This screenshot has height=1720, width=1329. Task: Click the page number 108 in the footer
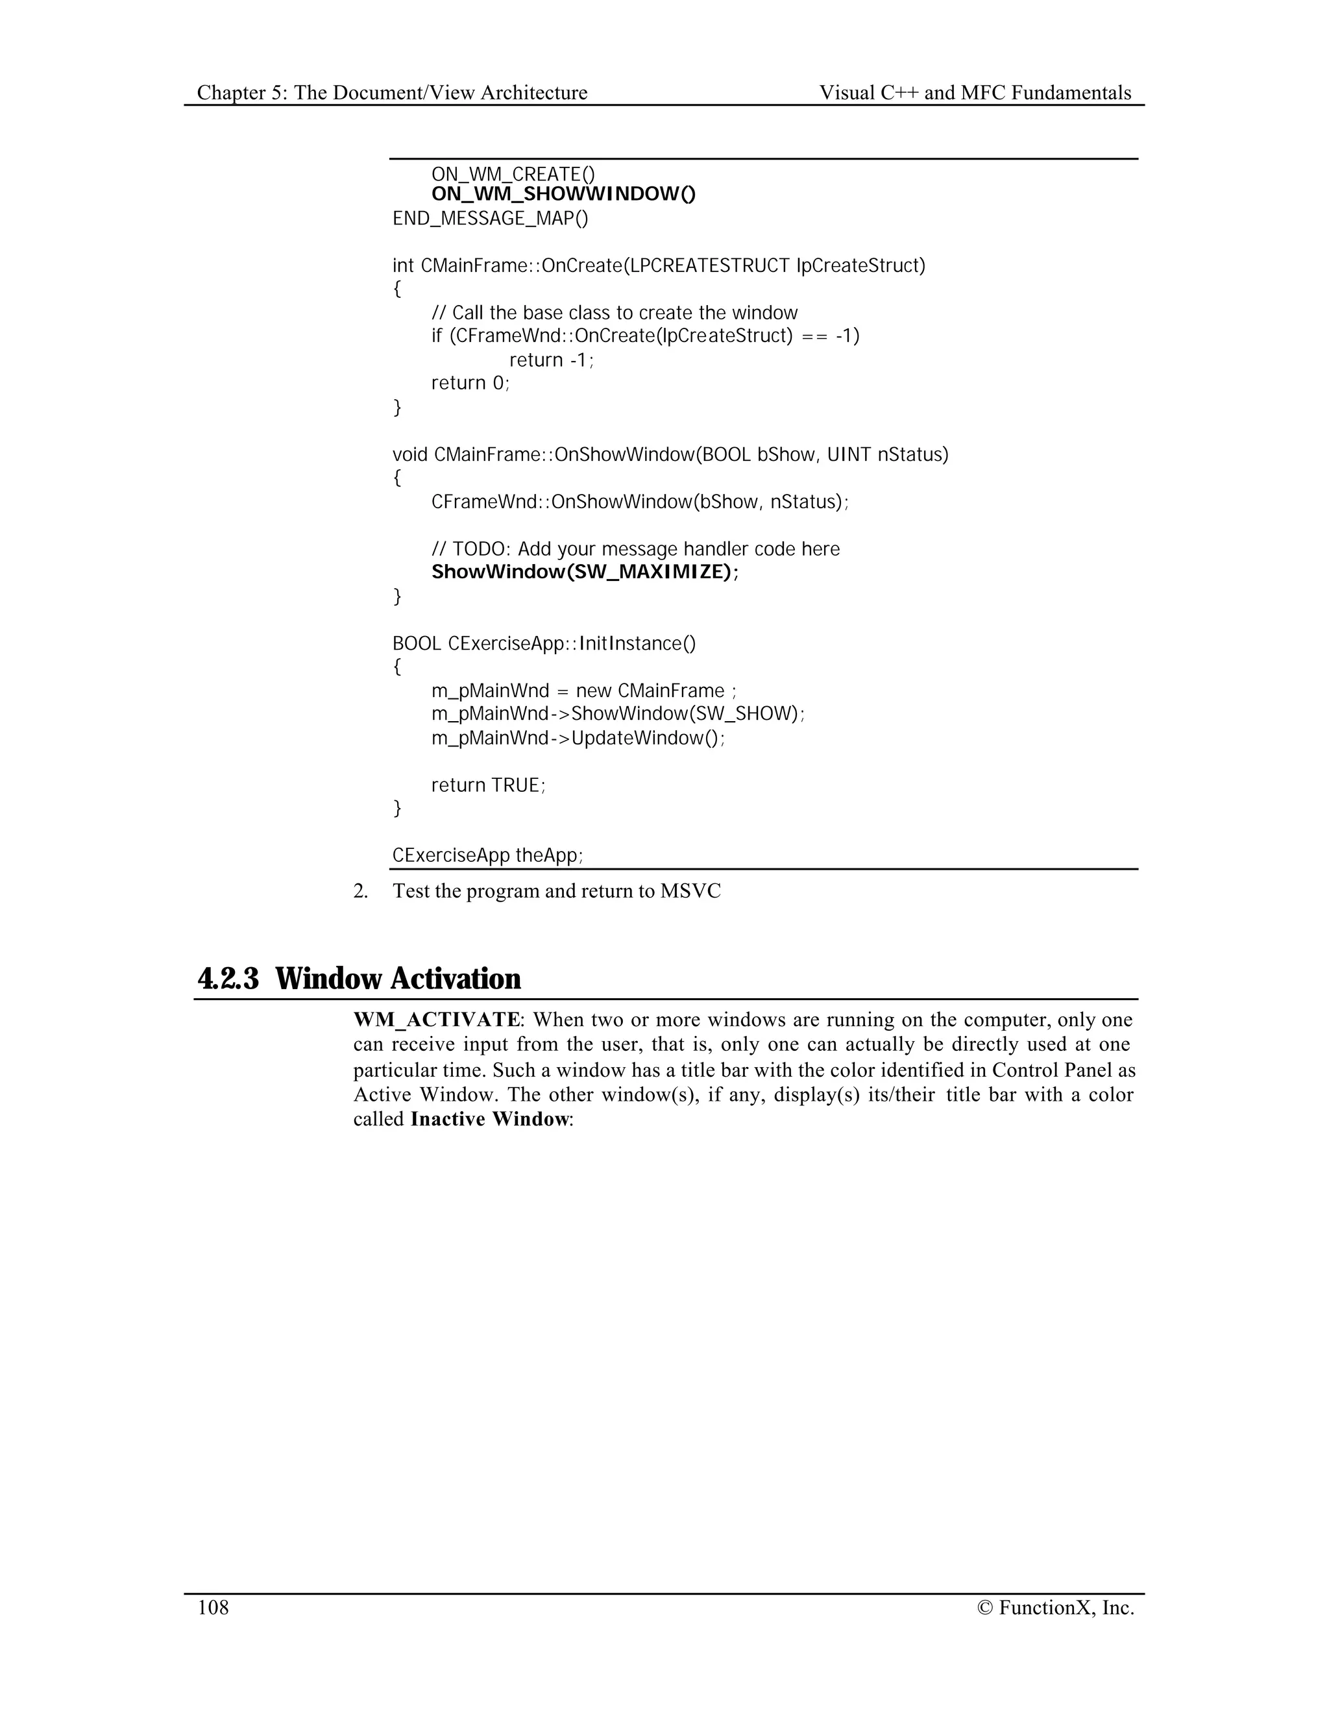pos(213,1607)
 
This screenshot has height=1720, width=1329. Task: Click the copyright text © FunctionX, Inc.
pos(1055,1607)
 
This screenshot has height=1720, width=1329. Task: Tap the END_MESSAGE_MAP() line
pos(490,218)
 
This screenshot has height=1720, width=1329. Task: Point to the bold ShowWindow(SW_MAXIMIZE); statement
pos(585,572)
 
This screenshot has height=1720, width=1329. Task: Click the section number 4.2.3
pos(228,979)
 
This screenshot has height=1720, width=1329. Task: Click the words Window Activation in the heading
pos(398,979)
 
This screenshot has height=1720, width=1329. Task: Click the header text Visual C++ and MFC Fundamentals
pos(975,93)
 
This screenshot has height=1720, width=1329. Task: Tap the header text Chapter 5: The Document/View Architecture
pos(392,93)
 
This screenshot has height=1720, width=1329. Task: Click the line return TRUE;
pos(488,785)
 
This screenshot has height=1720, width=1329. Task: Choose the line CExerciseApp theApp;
pos(487,855)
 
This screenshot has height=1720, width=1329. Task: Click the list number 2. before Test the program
pos(361,892)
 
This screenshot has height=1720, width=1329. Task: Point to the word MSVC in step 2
pos(690,892)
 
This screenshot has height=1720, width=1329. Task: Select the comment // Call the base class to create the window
pos(614,313)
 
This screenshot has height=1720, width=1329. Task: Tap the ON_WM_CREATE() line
pos(513,173)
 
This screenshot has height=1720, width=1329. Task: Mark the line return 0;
pos(470,384)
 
